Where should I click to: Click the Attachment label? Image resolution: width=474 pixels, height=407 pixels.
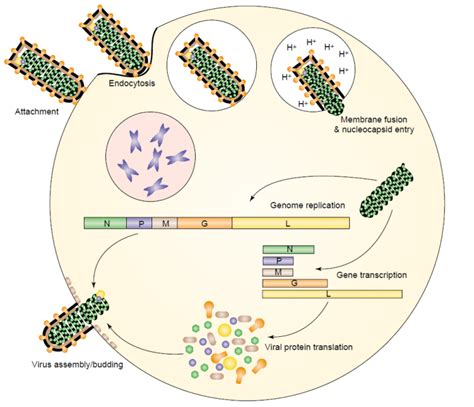click(36, 111)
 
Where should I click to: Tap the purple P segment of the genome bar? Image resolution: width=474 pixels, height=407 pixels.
click(138, 224)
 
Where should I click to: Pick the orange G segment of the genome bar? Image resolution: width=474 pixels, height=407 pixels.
click(204, 224)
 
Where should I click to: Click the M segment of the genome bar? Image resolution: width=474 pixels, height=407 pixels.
click(164, 224)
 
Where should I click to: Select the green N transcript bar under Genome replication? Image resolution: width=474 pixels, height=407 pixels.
click(289, 249)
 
